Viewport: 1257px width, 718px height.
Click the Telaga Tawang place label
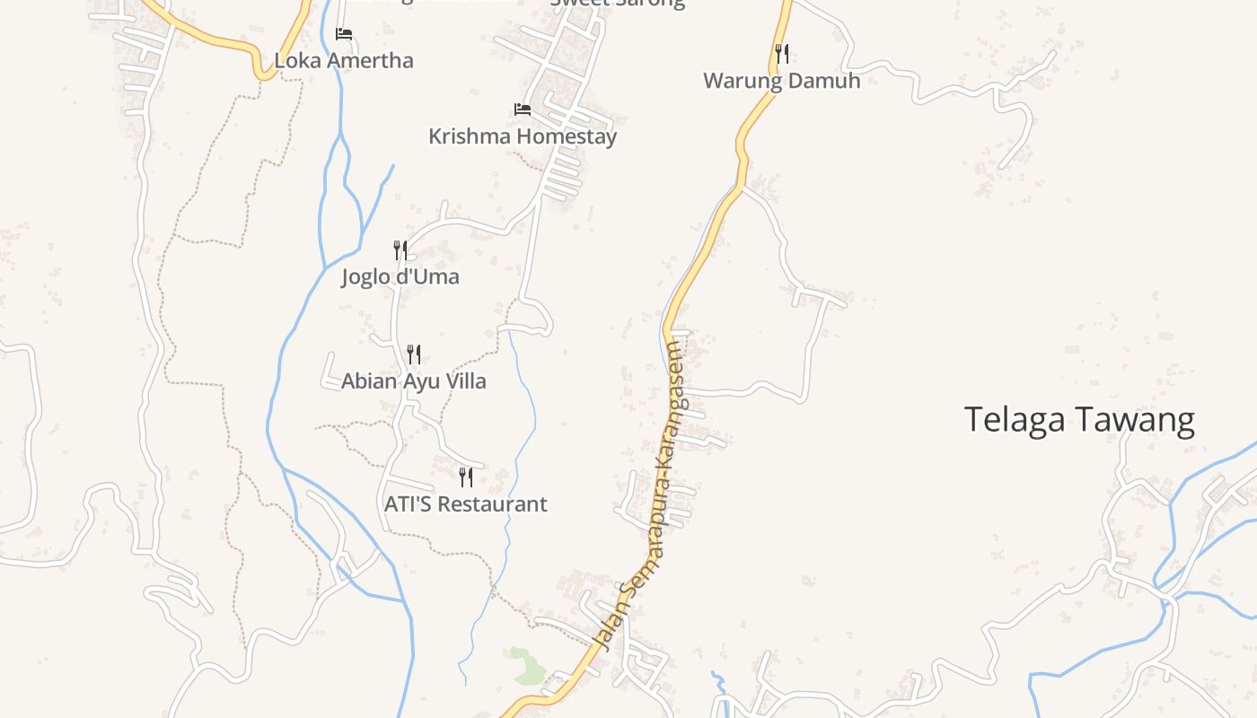click(x=1079, y=420)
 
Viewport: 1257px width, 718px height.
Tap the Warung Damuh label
click(x=781, y=81)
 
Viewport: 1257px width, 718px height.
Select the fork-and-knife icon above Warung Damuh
click(x=782, y=54)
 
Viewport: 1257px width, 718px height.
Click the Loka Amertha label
click(x=344, y=61)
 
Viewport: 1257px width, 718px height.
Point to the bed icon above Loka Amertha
click(x=344, y=34)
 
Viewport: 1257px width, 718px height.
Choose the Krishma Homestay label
click(x=523, y=136)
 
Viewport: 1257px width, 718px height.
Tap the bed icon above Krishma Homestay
click(x=523, y=109)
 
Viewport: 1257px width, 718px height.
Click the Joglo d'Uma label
click(x=400, y=276)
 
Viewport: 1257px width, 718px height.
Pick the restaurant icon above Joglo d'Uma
click(x=400, y=250)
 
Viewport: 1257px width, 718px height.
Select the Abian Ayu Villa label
click(x=413, y=381)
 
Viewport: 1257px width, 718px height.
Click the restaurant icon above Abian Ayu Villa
click(x=413, y=355)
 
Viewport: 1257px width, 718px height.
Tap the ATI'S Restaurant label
click(x=465, y=504)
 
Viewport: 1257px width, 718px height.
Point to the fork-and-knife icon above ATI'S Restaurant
click(x=465, y=477)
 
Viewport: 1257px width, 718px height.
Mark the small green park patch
click(x=526, y=664)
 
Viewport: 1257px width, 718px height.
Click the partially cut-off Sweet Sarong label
click(x=617, y=4)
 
